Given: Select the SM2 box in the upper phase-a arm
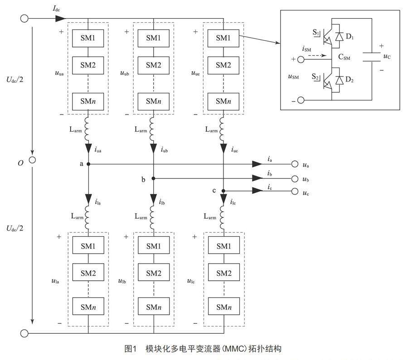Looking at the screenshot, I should point(88,65).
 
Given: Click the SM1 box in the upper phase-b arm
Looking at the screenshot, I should point(154,38).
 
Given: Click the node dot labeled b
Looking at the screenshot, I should point(154,179).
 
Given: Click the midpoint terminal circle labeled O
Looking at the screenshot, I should point(32,160).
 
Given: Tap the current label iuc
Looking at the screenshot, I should point(234,149).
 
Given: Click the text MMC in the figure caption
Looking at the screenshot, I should point(232,349).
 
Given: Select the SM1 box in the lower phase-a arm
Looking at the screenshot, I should point(88,246).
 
